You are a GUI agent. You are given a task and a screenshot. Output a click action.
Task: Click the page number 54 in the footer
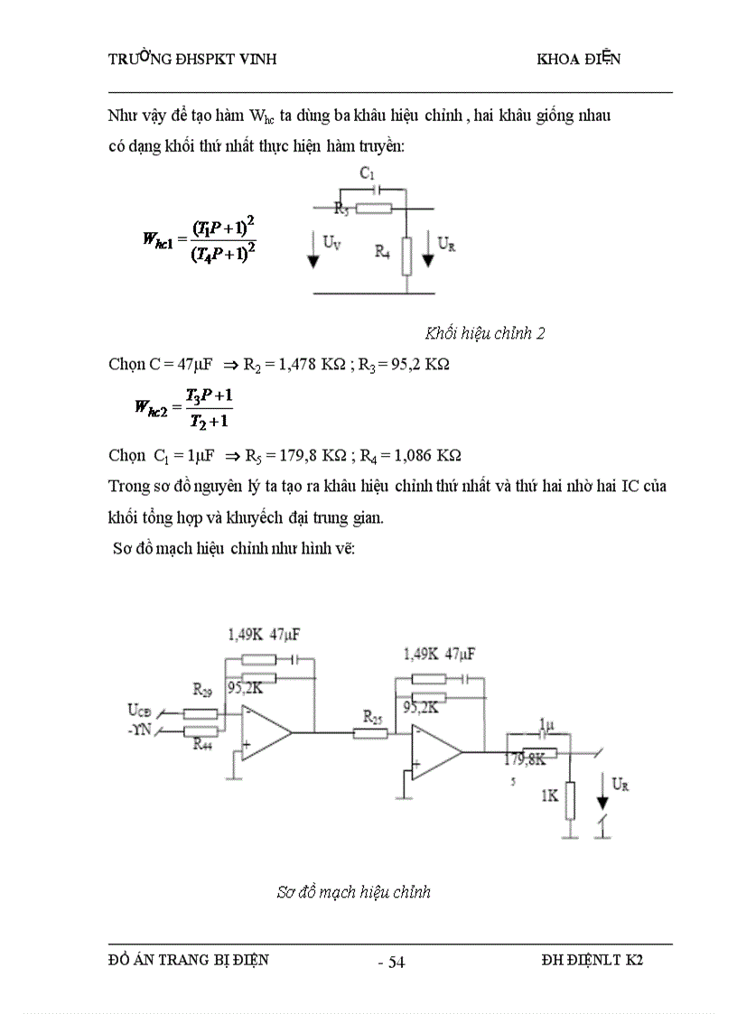396,962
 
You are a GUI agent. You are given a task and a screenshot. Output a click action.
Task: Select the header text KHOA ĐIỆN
578,60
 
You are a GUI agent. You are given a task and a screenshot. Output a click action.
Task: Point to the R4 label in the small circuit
383,252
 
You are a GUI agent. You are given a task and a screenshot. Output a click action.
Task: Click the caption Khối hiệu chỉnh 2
485,333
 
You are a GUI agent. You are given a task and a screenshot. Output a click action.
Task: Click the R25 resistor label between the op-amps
372,716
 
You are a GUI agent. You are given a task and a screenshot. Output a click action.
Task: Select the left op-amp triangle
264,732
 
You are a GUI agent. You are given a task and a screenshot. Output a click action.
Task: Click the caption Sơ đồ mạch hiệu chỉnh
353,892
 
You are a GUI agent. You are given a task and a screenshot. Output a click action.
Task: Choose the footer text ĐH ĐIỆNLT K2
586,961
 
